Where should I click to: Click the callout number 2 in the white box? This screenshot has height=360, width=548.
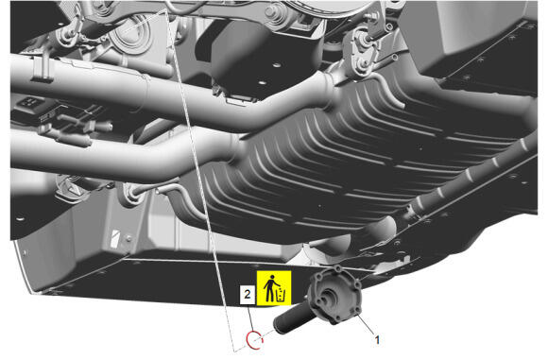(x=248, y=294)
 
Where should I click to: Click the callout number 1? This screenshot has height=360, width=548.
(x=377, y=340)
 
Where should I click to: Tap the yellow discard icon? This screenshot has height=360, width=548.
(x=274, y=288)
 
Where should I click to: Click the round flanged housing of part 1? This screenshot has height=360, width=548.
(x=334, y=295)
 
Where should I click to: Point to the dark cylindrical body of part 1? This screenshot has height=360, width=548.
(x=293, y=318)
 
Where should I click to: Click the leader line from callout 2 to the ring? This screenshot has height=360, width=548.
(x=251, y=317)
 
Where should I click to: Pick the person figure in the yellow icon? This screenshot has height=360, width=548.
(x=269, y=289)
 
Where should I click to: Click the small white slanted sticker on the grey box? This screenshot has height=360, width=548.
(x=114, y=238)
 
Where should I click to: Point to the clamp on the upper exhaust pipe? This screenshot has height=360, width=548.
(x=42, y=70)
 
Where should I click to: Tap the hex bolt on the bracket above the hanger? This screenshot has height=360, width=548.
(x=373, y=15)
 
